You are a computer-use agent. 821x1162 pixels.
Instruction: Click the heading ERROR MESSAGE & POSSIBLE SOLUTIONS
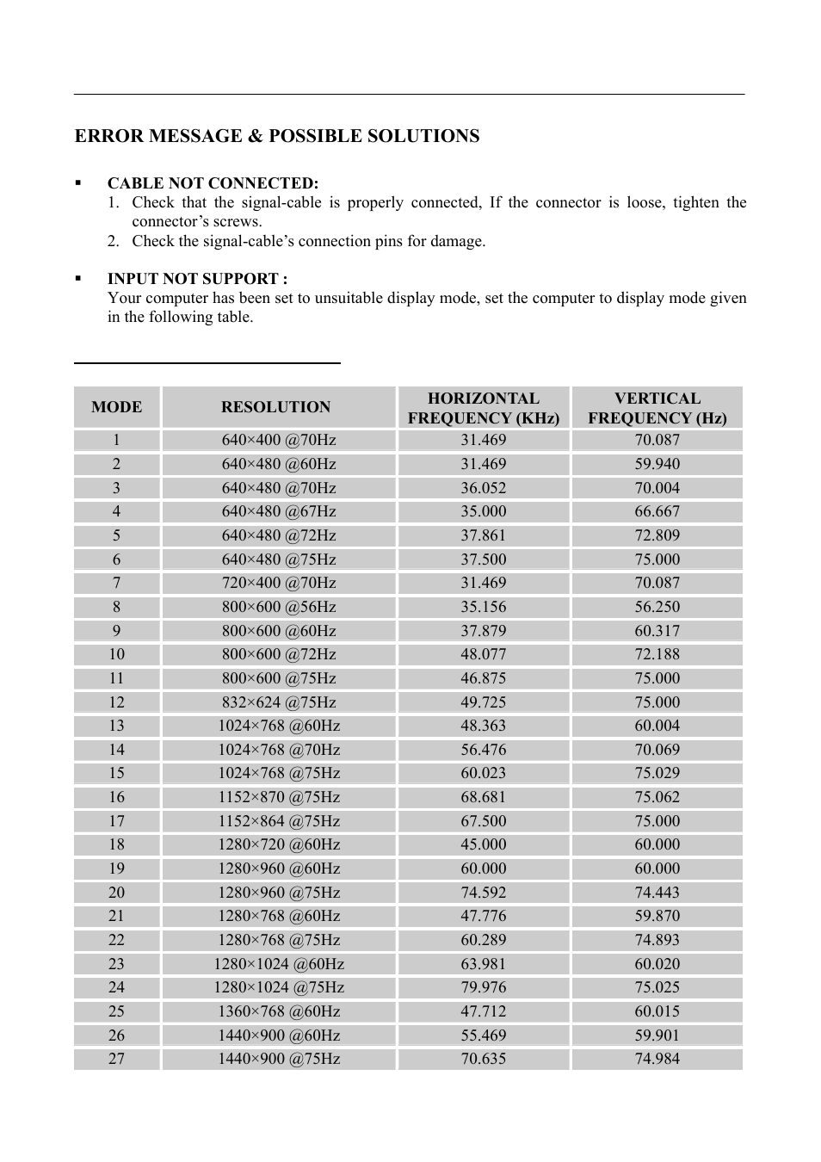pos(276,136)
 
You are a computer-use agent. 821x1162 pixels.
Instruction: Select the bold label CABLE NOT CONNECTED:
pos(213,183)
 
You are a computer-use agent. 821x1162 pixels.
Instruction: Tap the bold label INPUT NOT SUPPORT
pos(196,279)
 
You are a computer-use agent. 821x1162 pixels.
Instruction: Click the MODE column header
pos(116,407)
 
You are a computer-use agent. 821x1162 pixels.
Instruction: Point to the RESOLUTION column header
pos(275,407)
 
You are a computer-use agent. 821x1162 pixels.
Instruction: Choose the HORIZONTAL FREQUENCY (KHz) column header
pos(483,408)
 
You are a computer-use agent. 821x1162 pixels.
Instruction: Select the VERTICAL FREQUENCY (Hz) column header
pos(657,408)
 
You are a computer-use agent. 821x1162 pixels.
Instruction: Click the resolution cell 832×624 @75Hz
pos(278,702)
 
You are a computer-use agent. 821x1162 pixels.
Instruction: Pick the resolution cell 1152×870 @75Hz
pos(278,797)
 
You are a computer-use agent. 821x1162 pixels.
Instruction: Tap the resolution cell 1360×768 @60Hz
pos(278,1011)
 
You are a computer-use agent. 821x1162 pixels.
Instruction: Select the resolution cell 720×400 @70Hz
pos(278,583)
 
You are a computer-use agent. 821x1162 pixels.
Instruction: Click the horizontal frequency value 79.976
pos(483,987)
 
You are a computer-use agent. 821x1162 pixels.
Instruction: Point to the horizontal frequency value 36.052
pos(483,488)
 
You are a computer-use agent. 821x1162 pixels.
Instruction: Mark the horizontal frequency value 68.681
pos(483,797)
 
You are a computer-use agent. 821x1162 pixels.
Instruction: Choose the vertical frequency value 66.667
pos(657,511)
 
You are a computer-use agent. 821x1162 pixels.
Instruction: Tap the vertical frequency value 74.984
pos(657,1059)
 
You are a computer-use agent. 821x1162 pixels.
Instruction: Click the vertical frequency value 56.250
pos(657,607)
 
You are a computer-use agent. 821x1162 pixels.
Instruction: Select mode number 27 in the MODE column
pos(116,1059)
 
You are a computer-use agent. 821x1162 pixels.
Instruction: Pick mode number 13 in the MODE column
pos(116,726)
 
